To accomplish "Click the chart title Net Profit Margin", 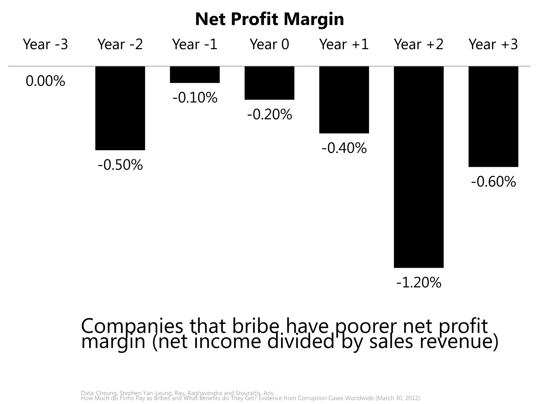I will tap(269, 19).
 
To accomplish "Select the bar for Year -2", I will tap(120, 108).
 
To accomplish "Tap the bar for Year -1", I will tap(195, 75).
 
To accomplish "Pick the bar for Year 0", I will tap(269, 83).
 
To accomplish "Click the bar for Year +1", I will tap(344, 100).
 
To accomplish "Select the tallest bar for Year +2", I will tap(418, 167).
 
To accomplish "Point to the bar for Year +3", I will tap(493, 117).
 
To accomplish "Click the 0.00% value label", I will tap(45, 81).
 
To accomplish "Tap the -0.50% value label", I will tap(120, 165).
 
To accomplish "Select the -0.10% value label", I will tap(195, 98).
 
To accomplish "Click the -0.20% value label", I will tap(269, 115).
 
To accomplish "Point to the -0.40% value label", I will tap(344, 148).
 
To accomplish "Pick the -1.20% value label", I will tap(419, 283).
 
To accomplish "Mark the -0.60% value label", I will tap(493, 182).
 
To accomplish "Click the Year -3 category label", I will tap(45, 44).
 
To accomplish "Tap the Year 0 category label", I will tap(269, 44).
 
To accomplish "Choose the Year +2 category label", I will tap(418, 44).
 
